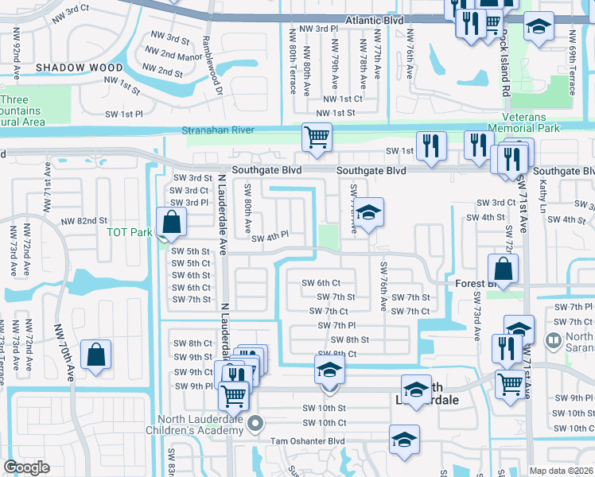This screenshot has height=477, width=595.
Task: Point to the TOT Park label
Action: tap(129, 233)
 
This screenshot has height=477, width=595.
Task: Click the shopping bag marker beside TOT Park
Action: tap(171, 222)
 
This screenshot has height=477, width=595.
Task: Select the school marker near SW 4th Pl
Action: tap(368, 212)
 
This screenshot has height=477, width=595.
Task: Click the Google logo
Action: tap(26, 467)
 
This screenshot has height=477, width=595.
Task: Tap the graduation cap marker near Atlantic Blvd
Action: tap(539, 26)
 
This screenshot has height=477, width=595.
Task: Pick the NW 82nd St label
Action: tap(83, 220)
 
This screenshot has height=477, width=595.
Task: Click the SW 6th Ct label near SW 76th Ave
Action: tap(321, 283)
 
